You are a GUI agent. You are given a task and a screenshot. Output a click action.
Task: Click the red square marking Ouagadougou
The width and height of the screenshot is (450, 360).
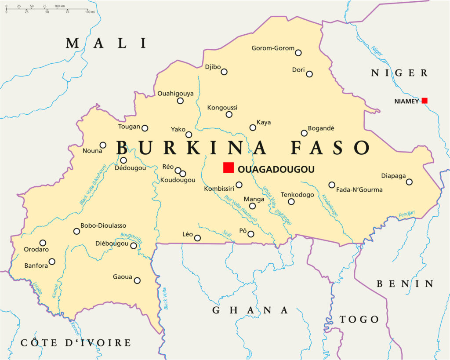point(228,167)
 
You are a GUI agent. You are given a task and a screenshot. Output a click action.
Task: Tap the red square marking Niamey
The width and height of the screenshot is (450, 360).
point(424,101)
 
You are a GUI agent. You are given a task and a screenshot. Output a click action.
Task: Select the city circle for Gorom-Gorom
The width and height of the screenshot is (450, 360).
point(298,53)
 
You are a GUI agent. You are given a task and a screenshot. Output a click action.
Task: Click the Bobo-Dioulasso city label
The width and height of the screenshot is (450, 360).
point(103,225)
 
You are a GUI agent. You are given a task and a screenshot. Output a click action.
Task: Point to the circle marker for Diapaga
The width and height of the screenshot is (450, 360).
point(409,182)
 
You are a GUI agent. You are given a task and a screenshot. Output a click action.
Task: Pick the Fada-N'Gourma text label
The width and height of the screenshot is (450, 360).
point(359,190)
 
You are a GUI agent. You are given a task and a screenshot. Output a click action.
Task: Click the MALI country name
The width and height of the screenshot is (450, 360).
point(106,43)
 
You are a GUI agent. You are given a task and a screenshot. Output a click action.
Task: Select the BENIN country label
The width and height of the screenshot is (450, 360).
point(405,284)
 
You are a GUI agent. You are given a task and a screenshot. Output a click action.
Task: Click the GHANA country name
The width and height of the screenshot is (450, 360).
point(250,310)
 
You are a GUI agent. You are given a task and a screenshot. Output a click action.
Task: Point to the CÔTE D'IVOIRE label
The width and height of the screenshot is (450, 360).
point(76,343)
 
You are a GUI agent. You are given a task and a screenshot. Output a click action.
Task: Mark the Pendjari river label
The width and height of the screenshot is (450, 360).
point(406,214)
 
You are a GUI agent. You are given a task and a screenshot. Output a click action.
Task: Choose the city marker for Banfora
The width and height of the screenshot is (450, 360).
point(52,262)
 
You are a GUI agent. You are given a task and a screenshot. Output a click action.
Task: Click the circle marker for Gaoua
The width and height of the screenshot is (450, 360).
point(137,280)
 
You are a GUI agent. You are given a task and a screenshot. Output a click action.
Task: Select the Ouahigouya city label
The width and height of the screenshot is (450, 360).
point(175,93)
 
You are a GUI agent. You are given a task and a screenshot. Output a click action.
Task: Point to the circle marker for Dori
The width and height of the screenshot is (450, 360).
point(309,74)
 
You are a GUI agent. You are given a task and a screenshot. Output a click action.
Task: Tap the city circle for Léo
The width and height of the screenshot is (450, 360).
point(197,238)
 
